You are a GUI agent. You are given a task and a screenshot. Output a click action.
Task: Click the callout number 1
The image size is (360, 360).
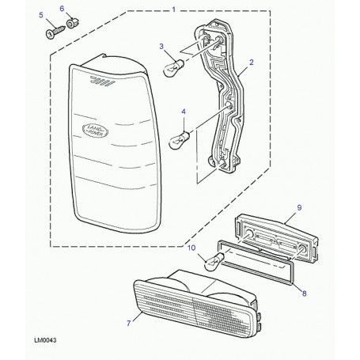(173, 9)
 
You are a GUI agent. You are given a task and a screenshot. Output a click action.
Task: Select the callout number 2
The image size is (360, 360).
(252, 63)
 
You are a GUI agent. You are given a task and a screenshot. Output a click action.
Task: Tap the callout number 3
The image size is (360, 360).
(161, 47)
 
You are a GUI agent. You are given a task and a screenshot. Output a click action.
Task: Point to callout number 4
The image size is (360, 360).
(184, 112)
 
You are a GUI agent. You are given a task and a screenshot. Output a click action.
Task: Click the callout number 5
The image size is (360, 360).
(41, 15)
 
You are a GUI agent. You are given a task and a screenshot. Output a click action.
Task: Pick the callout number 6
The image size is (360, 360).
(62, 9)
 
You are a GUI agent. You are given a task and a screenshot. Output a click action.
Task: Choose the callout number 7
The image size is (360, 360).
(129, 323)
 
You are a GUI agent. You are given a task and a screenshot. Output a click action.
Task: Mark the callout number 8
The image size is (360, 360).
(305, 294)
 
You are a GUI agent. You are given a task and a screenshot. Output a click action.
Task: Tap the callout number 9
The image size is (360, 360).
(299, 207)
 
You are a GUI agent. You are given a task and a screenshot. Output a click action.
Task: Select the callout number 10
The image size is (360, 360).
(191, 248)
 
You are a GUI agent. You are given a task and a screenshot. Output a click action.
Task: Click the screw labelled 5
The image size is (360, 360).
(55, 32)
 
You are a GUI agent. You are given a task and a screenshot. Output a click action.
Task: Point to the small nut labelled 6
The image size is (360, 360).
(73, 23)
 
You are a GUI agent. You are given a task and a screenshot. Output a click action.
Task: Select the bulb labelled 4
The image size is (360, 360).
(179, 140)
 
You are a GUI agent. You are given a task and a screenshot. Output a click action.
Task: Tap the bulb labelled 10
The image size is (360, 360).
(214, 262)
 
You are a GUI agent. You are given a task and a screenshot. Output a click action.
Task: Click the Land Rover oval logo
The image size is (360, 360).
(95, 131)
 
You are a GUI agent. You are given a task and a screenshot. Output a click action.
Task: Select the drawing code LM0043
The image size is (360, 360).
(45, 340)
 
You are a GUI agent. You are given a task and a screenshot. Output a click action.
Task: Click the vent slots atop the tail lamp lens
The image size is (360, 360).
(103, 81)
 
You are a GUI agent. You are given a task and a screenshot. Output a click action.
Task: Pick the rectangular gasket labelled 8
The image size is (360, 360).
(255, 263)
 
